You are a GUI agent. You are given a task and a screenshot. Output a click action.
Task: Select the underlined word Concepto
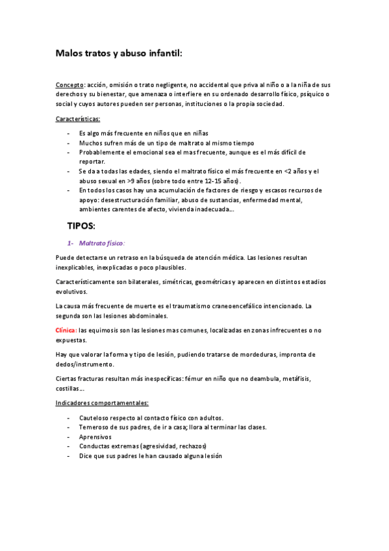[x=69, y=85]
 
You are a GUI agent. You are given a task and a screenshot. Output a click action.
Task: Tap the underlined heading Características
[x=78, y=118]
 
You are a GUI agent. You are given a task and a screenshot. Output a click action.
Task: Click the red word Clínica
[x=66, y=330]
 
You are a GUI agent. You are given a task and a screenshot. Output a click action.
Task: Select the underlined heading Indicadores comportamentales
[x=102, y=403]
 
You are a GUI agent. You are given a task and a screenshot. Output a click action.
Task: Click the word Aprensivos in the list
[x=95, y=437]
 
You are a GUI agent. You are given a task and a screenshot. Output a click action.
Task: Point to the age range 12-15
[x=212, y=181]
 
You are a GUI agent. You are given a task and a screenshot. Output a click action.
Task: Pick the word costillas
[x=69, y=388]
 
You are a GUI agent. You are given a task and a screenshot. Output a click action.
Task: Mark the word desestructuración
[x=126, y=200]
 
